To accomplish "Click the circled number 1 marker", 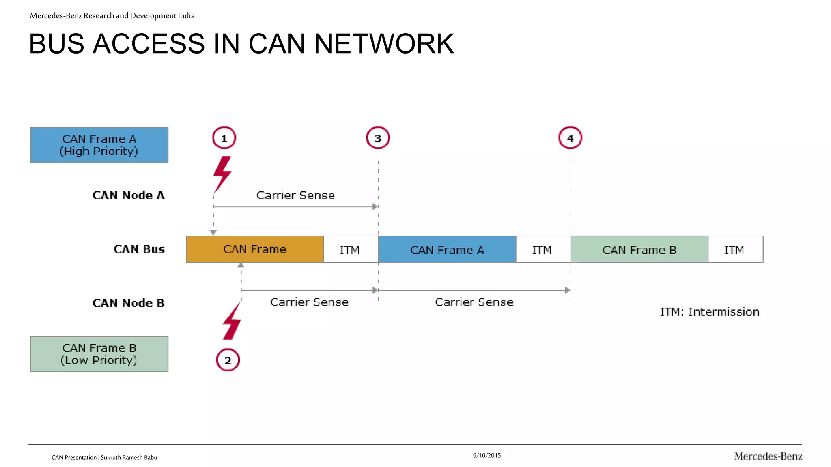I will click(x=224, y=138).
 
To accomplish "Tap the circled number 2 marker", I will click(x=228, y=360).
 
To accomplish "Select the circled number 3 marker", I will click(x=378, y=138).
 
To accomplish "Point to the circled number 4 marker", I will click(x=570, y=138).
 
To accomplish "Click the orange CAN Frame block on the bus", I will click(x=255, y=249).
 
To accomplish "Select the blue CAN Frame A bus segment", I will click(x=447, y=250).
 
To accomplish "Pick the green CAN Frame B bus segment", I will click(x=639, y=250).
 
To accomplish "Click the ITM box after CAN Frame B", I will click(x=735, y=250).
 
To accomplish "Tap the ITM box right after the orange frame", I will click(x=350, y=250).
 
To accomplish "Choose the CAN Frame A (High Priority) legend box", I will click(x=99, y=145).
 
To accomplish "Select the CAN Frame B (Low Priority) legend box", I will click(x=99, y=354).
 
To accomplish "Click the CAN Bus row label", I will click(x=139, y=249).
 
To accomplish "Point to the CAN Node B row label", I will click(x=128, y=303).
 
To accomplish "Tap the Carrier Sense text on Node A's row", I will click(x=295, y=195).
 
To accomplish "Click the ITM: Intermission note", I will click(x=709, y=312).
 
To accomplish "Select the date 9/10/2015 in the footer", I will click(x=487, y=455).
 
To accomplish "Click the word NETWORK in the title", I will click(x=384, y=44).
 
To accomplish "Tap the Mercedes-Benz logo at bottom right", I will click(x=768, y=456).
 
